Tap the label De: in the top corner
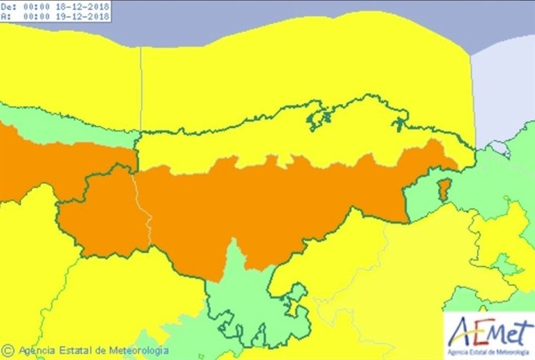click(8, 6)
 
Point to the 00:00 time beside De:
click(36, 6)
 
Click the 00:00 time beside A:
click(36, 16)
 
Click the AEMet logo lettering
click(488, 327)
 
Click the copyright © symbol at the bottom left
click(8, 350)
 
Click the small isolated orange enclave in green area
click(444, 190)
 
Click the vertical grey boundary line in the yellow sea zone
click(140, 85)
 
